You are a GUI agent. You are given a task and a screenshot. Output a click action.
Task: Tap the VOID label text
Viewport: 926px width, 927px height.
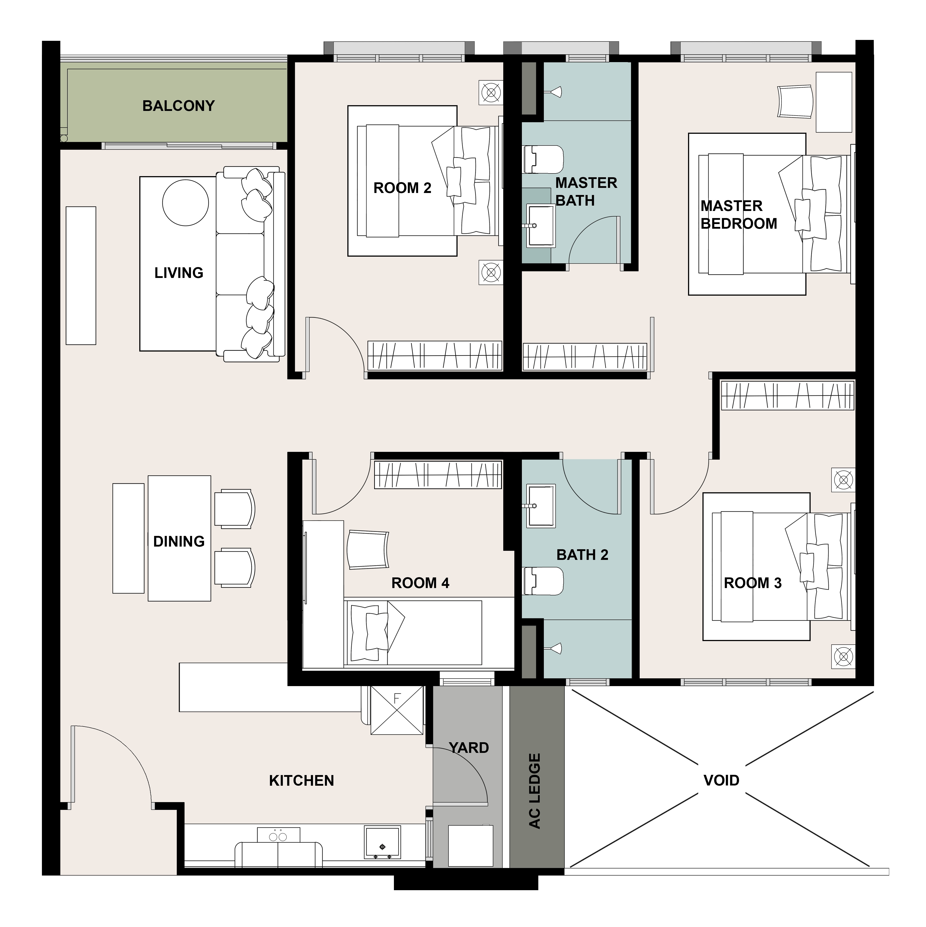[721, 781]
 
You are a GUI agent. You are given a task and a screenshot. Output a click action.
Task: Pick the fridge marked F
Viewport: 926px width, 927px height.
[397, 710]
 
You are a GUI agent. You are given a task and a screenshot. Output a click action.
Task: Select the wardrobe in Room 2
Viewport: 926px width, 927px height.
[435, 356]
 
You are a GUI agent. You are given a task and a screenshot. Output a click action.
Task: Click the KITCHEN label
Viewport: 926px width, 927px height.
[301, 781]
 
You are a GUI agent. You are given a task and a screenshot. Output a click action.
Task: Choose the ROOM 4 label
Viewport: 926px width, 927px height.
[420, 583]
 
